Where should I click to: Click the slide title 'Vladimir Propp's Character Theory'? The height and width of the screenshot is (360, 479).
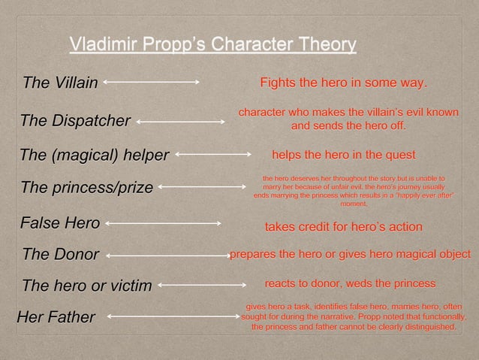[212, 44]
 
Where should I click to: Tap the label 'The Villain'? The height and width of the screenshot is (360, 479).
[60, 82]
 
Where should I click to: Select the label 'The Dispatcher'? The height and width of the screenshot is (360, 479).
[74, 120]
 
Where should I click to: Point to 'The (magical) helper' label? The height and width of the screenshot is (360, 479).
[94, 156]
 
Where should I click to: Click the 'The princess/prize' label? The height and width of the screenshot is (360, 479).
[86, 187]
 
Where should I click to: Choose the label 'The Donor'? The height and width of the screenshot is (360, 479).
[61, 255]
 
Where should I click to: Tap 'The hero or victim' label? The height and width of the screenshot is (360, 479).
[87, 286]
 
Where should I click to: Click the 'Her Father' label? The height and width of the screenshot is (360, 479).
[56, 318]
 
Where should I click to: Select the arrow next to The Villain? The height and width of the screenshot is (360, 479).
[151, 81]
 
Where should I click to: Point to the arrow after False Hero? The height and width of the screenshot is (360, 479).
[162, 223]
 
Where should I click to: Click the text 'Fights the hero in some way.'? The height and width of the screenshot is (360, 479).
[343, 82]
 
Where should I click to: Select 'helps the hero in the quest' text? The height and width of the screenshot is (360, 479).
[343, 155]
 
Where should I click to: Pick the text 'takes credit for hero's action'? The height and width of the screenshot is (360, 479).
[344, 227]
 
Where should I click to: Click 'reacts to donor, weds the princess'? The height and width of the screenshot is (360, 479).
[350, 283]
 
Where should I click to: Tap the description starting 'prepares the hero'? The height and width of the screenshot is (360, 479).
[350, 255]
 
